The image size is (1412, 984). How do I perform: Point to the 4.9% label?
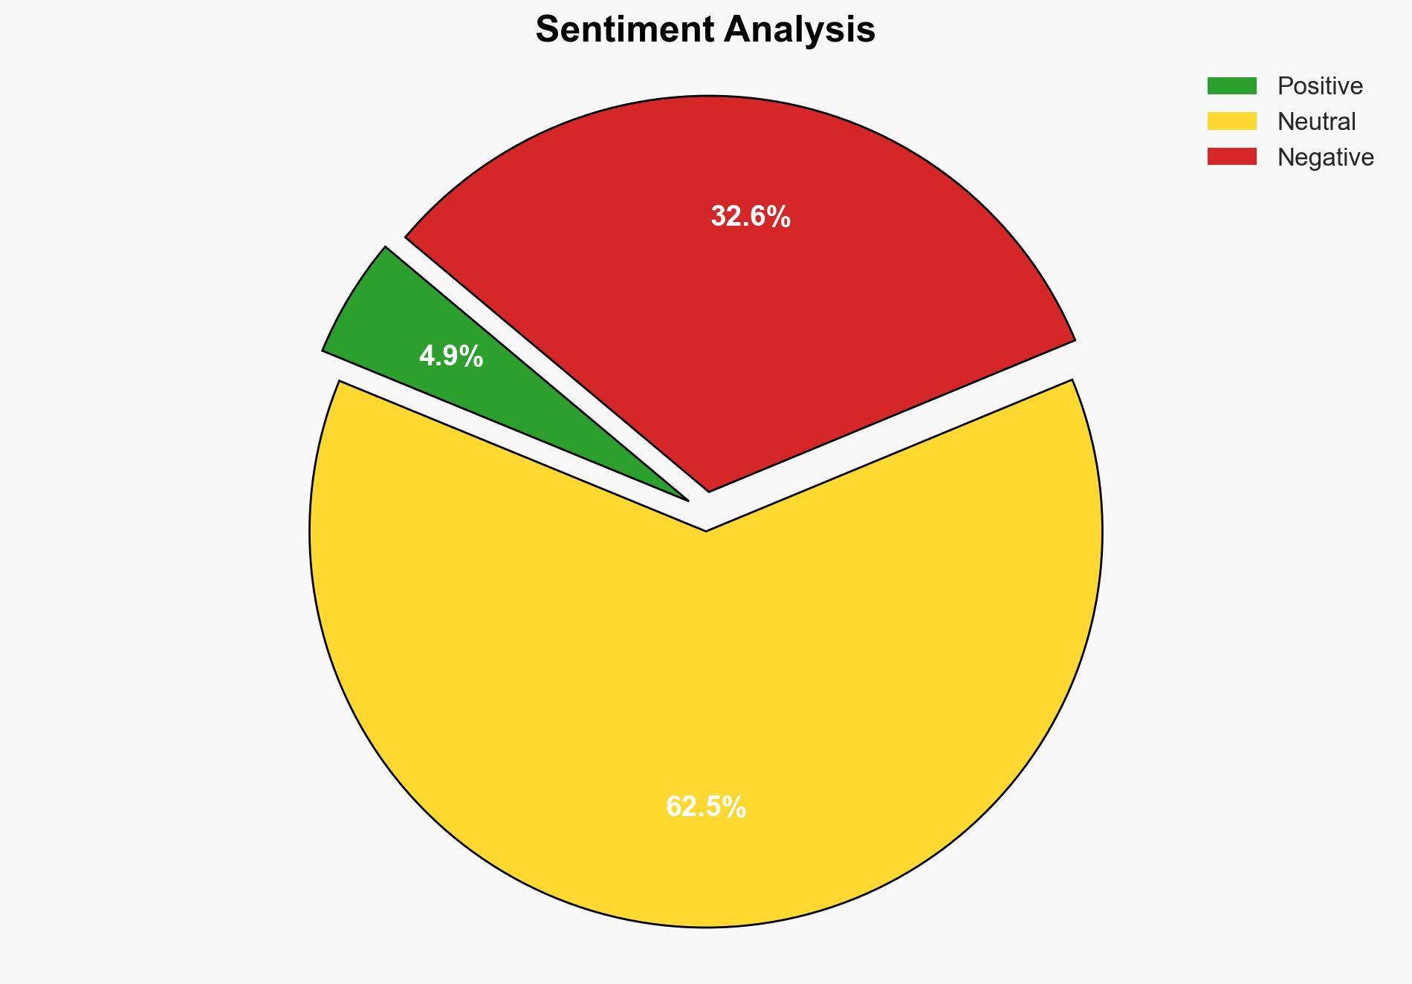click(x=451, y=357)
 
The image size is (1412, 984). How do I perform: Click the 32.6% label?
click(x=751, y=217)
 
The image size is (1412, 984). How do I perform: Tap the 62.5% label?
click(x=705, y=807)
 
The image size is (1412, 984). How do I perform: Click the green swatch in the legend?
click(x=1231, y=86)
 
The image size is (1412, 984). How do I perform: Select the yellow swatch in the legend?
click(x=1231, y=121)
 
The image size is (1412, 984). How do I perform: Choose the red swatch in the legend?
click(x=1231, y=157)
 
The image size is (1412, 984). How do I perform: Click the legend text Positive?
click(x=1320, y=86)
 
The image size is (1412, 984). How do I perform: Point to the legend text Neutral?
click(x=1316, y=122)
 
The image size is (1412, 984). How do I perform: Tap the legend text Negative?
click(x=1325, y=157)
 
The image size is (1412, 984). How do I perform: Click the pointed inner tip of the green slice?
click(x=685, y=499)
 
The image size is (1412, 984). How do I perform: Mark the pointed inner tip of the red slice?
click(x=709, y=489)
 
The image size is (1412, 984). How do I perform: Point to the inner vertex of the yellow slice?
click(x=705, y=530)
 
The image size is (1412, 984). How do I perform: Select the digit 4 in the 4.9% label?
click(x=427, y=357)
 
